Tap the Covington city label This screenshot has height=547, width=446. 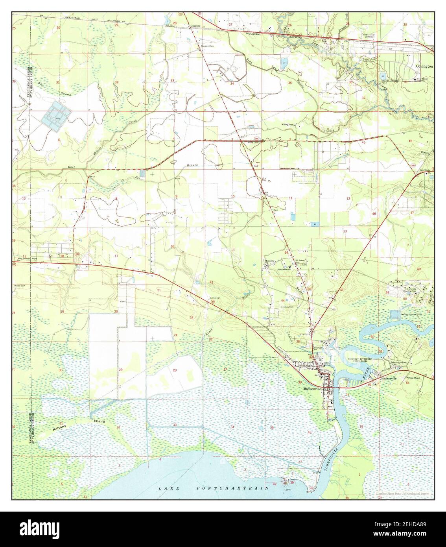(425, 67)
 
